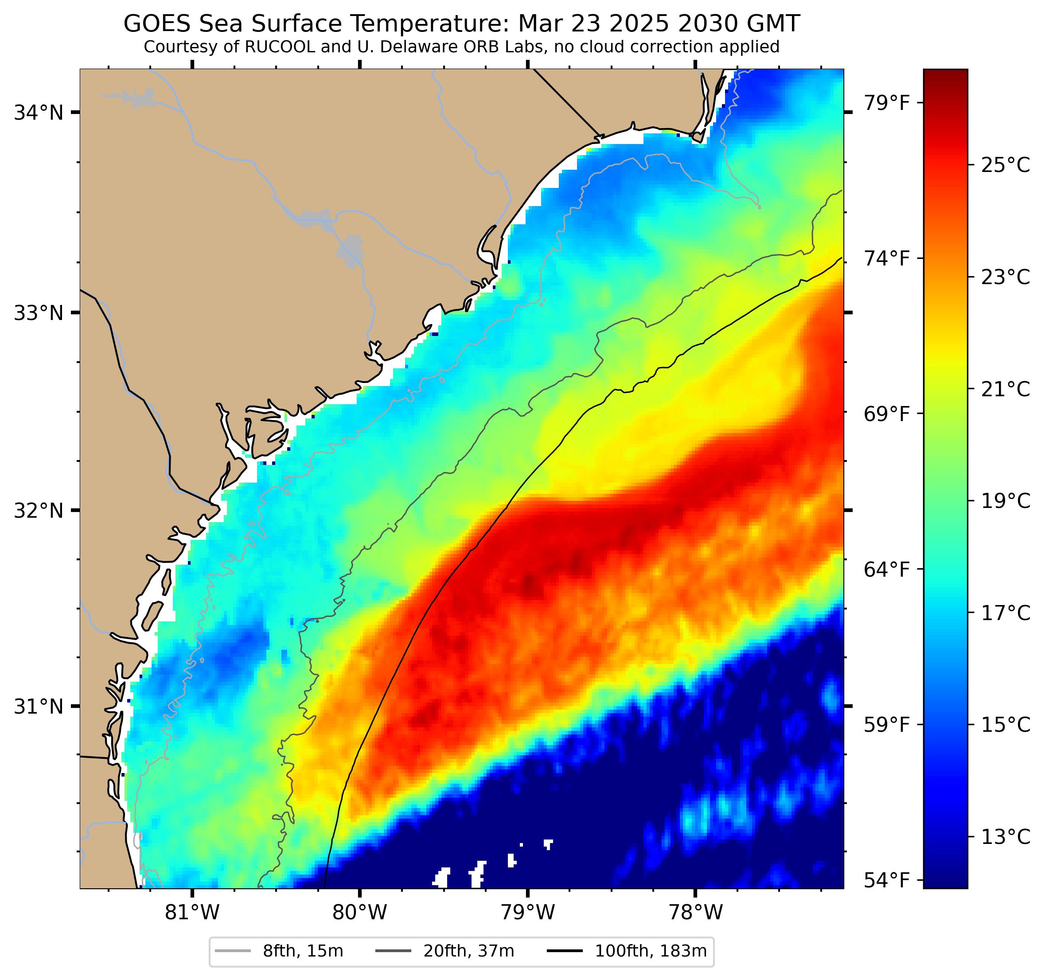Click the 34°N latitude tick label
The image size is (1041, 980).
38,113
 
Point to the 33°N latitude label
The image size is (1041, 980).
38,313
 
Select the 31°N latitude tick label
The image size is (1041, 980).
38,707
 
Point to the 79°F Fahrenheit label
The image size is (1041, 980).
886,103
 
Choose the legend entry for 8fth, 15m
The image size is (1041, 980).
303,951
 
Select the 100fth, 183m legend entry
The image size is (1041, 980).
651,951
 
